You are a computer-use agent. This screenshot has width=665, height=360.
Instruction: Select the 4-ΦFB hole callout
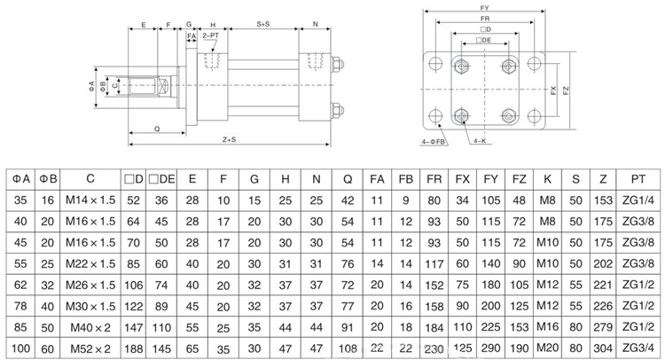[x=434, y=140]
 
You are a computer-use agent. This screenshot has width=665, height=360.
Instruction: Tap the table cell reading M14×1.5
[x=90, y=200]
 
